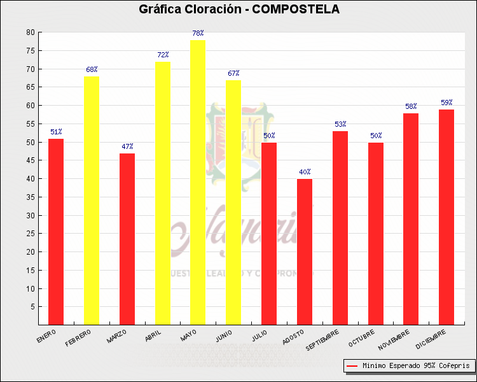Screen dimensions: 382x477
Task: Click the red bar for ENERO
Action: (x=56, y=232)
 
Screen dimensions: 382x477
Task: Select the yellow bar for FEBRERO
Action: (x=92, y=201)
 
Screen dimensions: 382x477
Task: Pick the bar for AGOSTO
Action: (x=305, y=251)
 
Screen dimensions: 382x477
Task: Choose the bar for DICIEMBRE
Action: (x=446, y=217)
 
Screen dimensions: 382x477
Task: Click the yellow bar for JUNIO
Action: (x=233, y=202)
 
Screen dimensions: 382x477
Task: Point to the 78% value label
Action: (x=198, y=33)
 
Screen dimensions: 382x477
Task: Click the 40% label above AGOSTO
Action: (x=305, y=172)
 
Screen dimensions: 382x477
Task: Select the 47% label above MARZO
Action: (x=127, y=146)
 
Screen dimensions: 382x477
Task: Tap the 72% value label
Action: (x=163, y=55)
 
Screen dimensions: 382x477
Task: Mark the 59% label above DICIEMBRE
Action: (x=446, y=103)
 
